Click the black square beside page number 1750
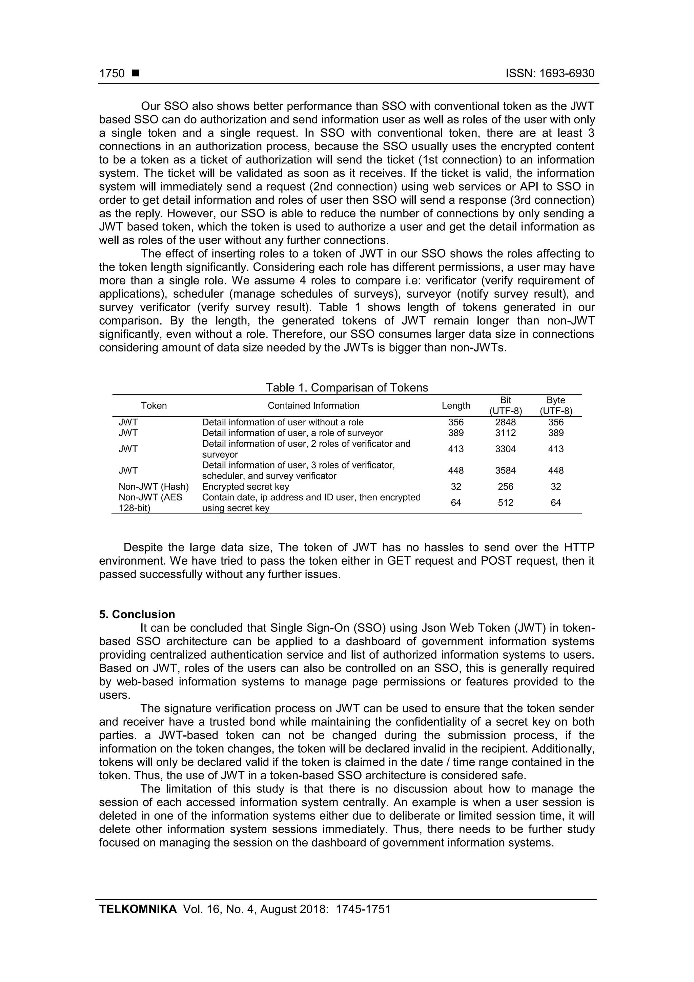[x=136, y=74]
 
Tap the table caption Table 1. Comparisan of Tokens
[x=346, y=387]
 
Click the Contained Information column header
[x=313, y=405]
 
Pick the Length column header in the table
[x=456, y=405]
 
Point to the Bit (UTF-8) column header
[x=506, y=405]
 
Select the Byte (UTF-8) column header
[x=555, y=405]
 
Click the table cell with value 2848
[x=506, y=422]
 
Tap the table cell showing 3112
[x=506, y=433]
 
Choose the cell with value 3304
[x=506, y=449]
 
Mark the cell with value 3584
[x=506, y=470]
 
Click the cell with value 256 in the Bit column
[x=506, y=487]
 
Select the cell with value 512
[x=506, y=503]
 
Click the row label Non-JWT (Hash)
[x=154, y=487]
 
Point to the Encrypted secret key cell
[x=245, y=487]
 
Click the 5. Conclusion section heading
[x=137, y=615]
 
